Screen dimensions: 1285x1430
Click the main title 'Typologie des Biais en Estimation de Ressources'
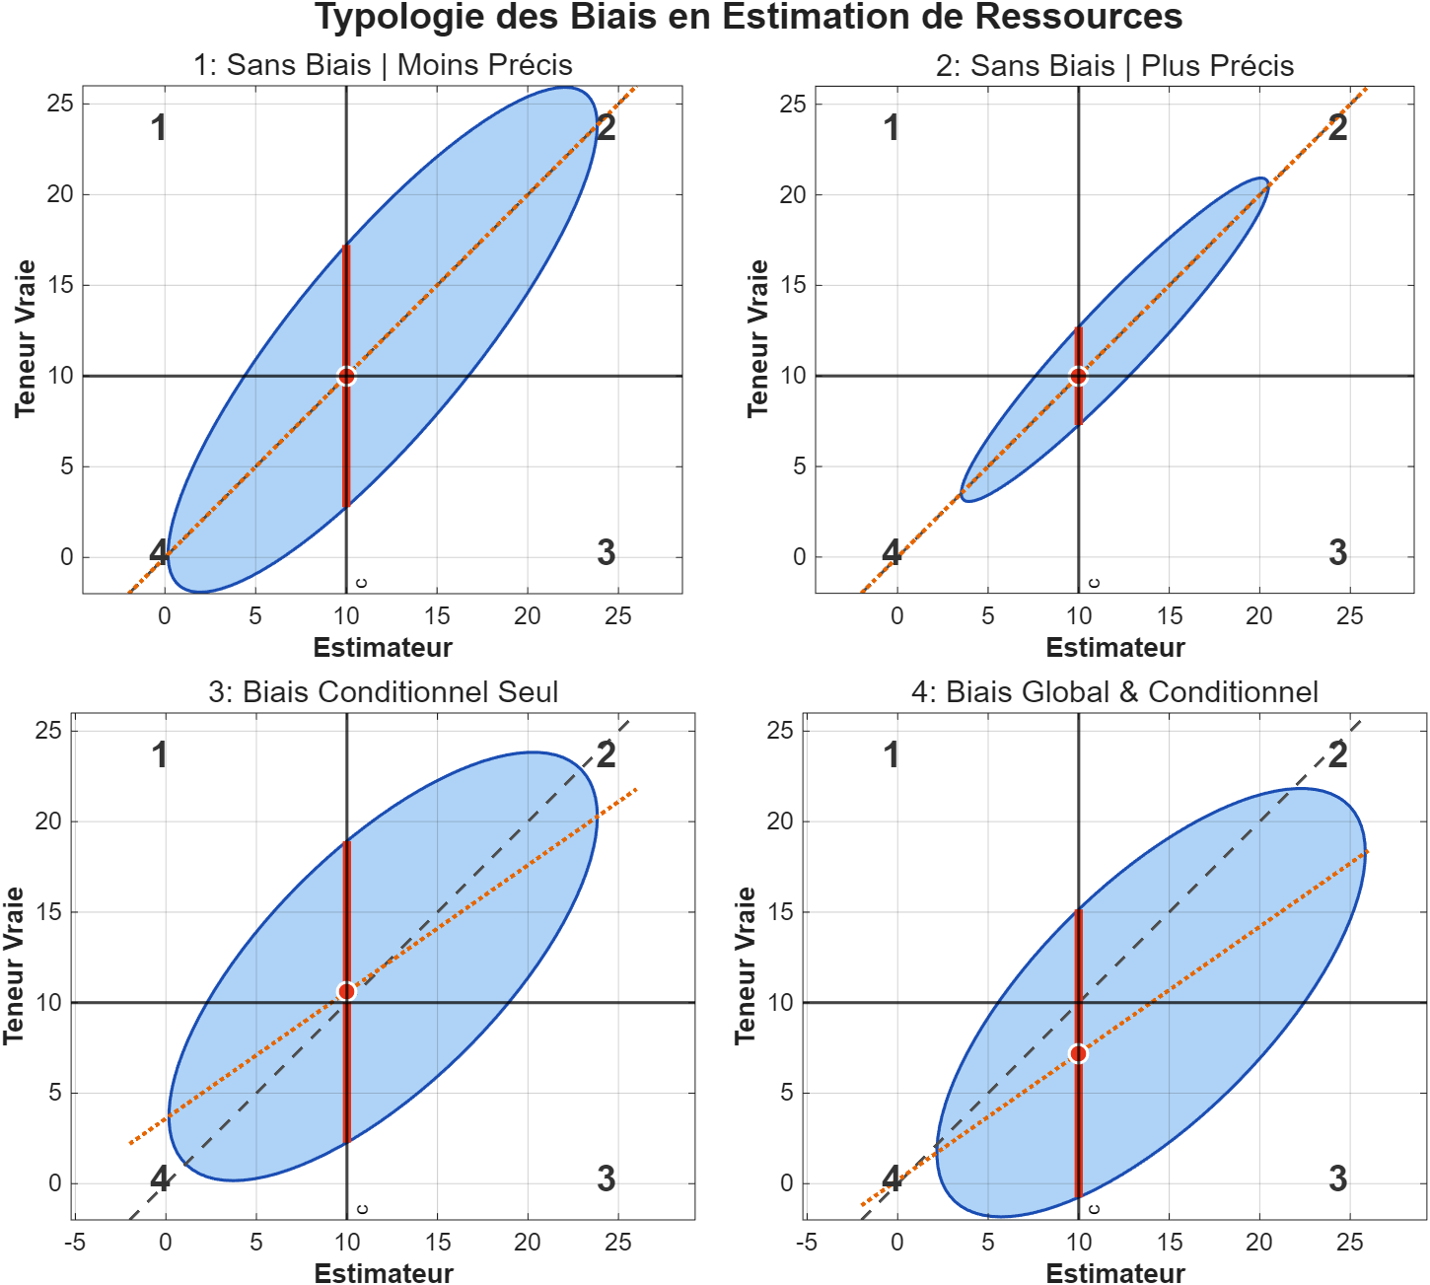pyautogui.click(x=749, y=18)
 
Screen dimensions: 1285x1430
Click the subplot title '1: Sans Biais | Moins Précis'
pyautogui.click(x=383, y=65)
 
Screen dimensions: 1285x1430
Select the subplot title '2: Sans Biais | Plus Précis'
pyautogui.click(x=1114, y=66)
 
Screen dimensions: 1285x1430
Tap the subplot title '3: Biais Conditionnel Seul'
pyautogui.click(x=383, y=692)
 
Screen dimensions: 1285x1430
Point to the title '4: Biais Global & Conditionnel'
pyautogui.click(x=1114, y=692)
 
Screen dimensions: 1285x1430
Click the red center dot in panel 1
pyautogui.click(x=346, y=376)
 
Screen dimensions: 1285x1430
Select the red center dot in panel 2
pyautogui.click(x=1078, y=376)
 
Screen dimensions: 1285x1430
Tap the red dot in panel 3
pyautogui.click(x=346, y=991)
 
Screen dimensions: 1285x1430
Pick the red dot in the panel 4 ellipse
pyautogui.click(x=1078, y=1053)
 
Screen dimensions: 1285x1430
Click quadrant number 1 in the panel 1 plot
pyautogui.click(x=159, y=128)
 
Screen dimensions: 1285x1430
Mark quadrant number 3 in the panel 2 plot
pyautogui.click(x=1337, y=552)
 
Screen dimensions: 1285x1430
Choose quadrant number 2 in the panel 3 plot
pyautogui.click(x=606, y=754)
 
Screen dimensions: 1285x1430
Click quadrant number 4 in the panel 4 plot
pyautogui.click(x=892, y=1178)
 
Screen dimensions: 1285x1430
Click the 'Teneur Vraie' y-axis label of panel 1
pyautogui.click(x=26, y=338)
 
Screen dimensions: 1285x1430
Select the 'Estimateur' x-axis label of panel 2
pyautogui.click(x=1114, y=648)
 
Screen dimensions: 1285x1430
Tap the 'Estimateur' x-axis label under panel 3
pyautogui.click(x=383, y=1273)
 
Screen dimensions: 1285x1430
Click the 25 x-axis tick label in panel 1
pyautogui.click(x=617, y=616)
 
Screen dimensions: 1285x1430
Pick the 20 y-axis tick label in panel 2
pyautogui.click(x=792, y=195)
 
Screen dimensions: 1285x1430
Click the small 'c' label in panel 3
pyautogui.click(x=362, y=1209)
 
